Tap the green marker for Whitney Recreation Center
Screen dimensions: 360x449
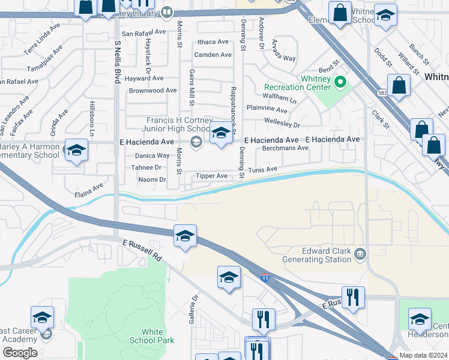[x=340, y=81]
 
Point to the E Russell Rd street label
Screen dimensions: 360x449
[x=142, y=249]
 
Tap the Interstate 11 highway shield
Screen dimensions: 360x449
[x=265, y=278]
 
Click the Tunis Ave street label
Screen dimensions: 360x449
[x=263, y=170]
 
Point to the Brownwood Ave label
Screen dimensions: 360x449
[x=152, y=91]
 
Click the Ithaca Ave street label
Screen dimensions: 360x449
[x=213, y=42]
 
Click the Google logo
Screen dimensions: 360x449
[x=20, y=353]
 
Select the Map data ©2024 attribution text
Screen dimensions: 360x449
[x=423, y=355]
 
